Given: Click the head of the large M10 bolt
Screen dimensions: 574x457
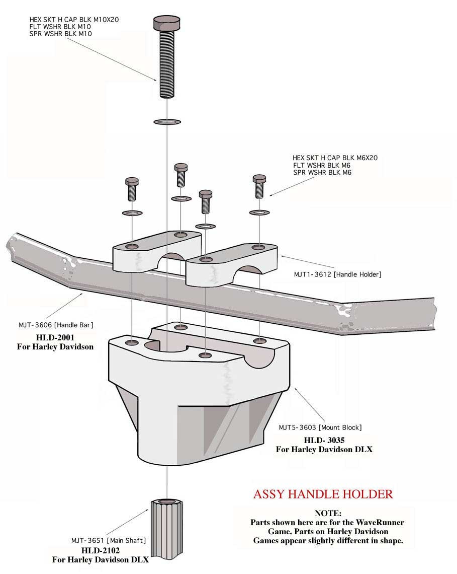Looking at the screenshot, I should click(x=166, y=23).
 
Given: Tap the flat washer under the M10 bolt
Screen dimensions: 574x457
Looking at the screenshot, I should click(x=166, y=121).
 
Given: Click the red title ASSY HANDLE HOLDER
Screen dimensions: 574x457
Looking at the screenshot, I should click(x=323, y=493).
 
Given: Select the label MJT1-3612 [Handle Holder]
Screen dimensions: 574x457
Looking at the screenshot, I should click(x=338, y=274).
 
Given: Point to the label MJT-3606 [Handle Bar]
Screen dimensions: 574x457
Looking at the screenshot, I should click(x=56, y=325).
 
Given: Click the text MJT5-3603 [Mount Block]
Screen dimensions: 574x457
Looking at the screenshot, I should click(x=320, y=427).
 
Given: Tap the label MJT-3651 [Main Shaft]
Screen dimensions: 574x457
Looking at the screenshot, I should click(x=108, y=540).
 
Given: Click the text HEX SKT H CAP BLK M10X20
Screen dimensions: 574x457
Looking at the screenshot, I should click(x=74, y=20).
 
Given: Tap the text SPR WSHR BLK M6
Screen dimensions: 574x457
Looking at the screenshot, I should click(x=322, y=172).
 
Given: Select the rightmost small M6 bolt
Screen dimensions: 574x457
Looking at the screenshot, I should click(x=259, y=187).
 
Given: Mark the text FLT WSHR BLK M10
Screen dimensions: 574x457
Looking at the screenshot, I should click(x=60, y=27).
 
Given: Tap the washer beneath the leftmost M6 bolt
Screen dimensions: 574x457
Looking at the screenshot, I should click(x=133, y=213).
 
